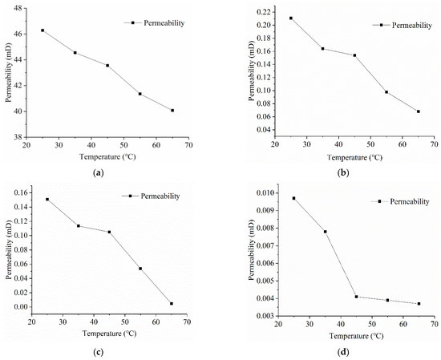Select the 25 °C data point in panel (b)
tap(291, 18)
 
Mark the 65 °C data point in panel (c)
tap(172, 303)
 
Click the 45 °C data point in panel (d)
tap(356, 297)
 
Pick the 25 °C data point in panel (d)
tap(293, 198)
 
